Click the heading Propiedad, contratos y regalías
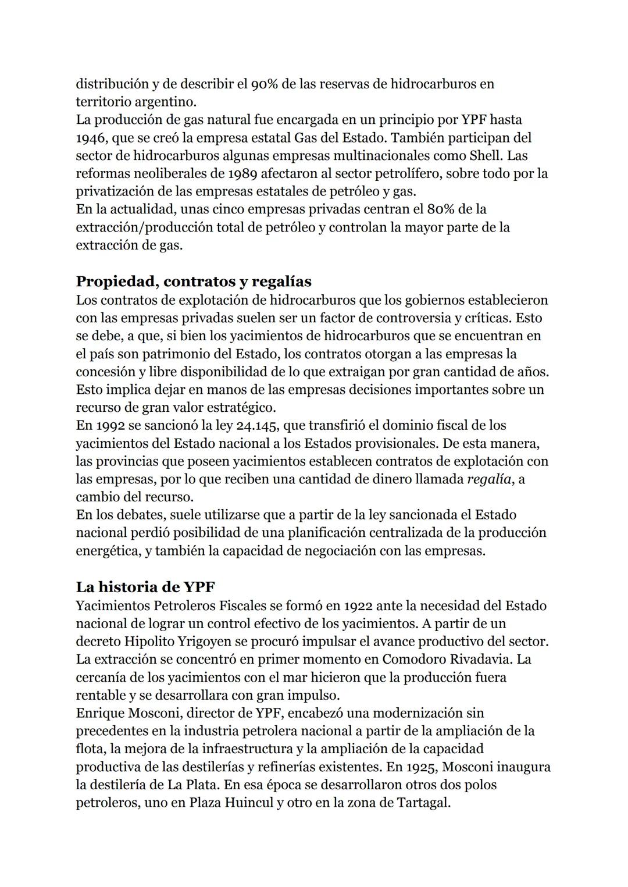(x=194, y=282)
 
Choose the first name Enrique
(x=102, y=713)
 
